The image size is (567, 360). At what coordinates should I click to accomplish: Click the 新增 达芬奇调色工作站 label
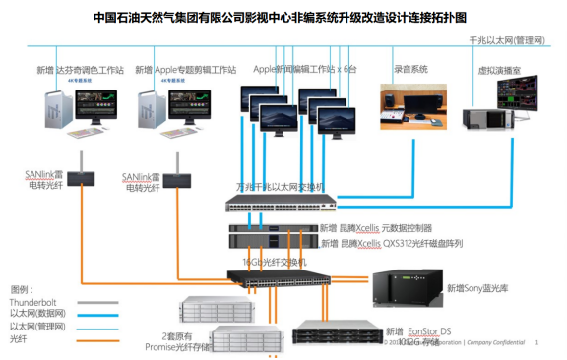80,70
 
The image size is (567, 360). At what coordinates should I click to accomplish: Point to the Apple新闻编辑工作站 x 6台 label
305,69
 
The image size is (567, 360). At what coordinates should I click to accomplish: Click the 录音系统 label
410,70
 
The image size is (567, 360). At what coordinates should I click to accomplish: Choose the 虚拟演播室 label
498,71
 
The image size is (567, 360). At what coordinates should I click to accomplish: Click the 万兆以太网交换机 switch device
281,205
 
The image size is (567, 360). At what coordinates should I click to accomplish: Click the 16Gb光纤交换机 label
275,262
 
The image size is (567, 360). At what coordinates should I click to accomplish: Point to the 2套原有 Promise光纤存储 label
177,340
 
